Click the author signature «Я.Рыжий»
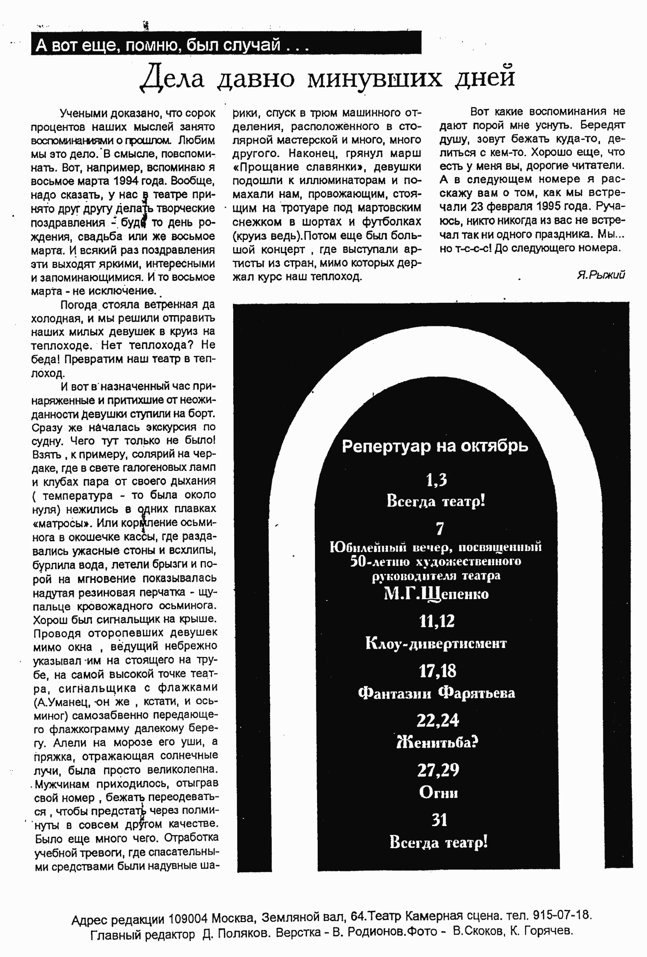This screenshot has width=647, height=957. pyautogui.click(x=601, y=275)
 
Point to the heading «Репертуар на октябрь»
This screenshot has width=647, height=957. pyautogui.click(x=435, y=446)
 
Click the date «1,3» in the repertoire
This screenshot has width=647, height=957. pyautogui.click(x=436, y=480)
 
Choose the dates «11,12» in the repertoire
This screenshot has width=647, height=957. pyautogui.click(x=437, y=621)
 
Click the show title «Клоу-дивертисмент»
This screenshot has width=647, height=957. pyautogui.click(x=436, y=643)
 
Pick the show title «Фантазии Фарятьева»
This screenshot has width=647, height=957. pyautogui.click(x=436, y=693)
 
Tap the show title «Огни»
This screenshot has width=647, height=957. pyautogui.click(x=438, y=792)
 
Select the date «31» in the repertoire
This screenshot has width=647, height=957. pyautogui.click(x=439, y=820)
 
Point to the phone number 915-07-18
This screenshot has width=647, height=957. pyautogui.click(x=562, y=915)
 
